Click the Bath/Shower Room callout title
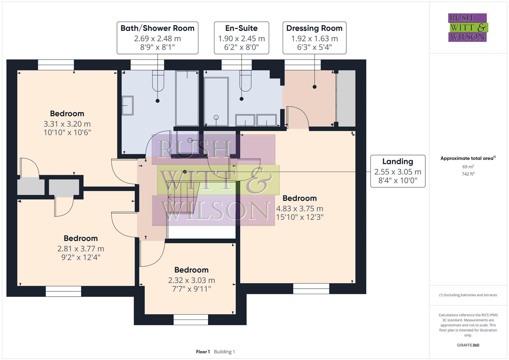click(x=157, y=28)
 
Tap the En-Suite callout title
click(x=241, y=28)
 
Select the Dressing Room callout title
click(x=314, y=28)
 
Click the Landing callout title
click(x=398, y=162)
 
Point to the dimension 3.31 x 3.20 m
click(x=67, y=124)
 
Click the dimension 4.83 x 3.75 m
click(x=299, y=209)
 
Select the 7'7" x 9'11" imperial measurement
click(x=191, y=289)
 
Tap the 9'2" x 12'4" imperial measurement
click(x=81, y=257)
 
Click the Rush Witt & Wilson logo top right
click(x=467, y=28)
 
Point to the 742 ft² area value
click(x=468, y=174)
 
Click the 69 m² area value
click(x=468, y=167)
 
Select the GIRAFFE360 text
click(x=468, y=345)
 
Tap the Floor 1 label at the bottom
click(x=203, y=352)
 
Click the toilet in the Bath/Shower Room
click(x=158, y=81)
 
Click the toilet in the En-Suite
click(x=245, y=81)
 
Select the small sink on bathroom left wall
click(x=127, y=106)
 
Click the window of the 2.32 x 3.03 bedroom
click(x=191, y=319)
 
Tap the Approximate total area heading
click(x=468, y=158)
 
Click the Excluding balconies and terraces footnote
click(x=468, y=295)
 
